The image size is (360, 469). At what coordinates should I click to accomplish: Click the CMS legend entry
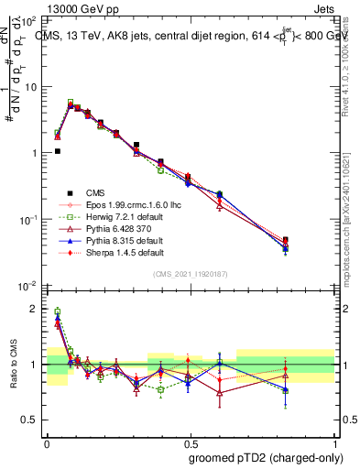coord(95,192)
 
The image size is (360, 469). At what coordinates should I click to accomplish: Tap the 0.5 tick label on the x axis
coord(190,441)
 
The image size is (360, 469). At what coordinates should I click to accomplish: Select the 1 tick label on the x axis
coord(333,441)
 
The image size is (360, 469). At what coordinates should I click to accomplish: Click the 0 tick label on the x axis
coord(47,441)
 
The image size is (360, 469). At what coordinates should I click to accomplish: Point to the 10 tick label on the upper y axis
coord(31,87)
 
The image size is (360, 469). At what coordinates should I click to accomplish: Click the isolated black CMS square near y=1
coord(57,151)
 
